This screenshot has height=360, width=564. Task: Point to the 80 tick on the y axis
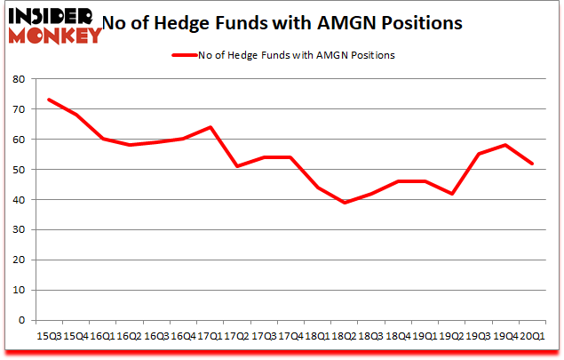pos(19,79)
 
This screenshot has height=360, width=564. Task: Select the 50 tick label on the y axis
pos(19,170)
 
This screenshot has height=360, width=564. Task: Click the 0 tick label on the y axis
pos(22,320)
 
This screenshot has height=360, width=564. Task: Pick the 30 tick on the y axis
pos(19,230)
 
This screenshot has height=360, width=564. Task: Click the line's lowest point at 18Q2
pos(343,203)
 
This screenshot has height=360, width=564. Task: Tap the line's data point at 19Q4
pos(504,145)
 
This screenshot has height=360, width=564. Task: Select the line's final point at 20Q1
pos(531,164)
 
